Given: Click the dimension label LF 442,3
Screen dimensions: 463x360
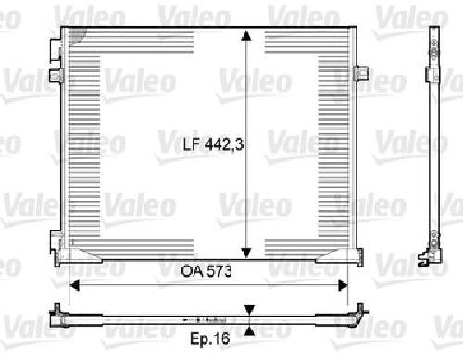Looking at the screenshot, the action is (x=214, y=144).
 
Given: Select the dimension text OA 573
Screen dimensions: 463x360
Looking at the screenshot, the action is (x=206, y=271).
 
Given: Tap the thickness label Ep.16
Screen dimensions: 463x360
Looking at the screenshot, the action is (x=210, y=339).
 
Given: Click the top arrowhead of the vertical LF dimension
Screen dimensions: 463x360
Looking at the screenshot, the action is (x=246, y=36).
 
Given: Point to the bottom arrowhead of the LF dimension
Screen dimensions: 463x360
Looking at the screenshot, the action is (x=246, y=253).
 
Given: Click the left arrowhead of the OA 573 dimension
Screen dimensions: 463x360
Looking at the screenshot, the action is (x=74, y=286).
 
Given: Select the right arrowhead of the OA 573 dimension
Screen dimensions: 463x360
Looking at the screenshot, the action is (x=343, y=286).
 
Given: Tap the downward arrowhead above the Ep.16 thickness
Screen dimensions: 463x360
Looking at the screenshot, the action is (x=249, y=310).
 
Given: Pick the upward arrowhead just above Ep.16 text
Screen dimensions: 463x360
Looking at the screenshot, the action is (x=249, y=331).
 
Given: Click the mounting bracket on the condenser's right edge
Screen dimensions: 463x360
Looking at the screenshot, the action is (x=362, y=73).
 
